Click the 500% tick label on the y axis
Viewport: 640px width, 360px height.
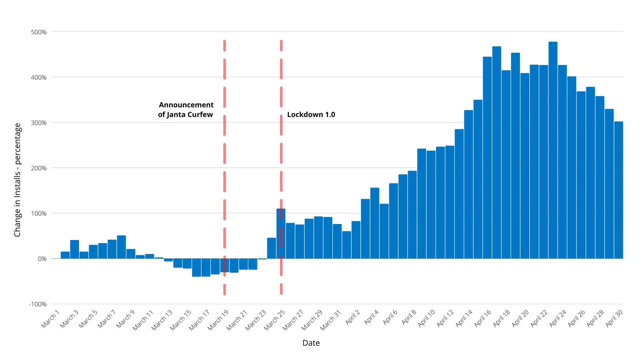(39, 32)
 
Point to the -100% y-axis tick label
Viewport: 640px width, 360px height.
(38, 304)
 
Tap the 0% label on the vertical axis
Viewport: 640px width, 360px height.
(42, 259)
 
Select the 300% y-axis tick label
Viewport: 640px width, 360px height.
(39, 123)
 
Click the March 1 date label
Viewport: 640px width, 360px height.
(50, 319)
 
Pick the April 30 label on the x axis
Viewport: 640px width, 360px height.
(614, 318)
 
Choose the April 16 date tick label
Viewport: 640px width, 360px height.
(483, 318)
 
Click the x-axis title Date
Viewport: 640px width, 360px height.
(311, 343)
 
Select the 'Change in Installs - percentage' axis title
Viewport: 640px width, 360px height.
(17, 180)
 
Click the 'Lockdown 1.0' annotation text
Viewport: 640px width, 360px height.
(311, 115)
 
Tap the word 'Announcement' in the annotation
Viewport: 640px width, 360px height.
(186, 105)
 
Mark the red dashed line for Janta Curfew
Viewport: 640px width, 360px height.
(225, 153)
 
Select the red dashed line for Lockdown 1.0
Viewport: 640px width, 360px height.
(281, 153)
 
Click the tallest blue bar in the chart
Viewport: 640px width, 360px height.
(553, 150)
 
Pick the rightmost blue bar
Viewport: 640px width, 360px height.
(619, 190)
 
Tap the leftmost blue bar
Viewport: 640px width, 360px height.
(65, 255)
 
